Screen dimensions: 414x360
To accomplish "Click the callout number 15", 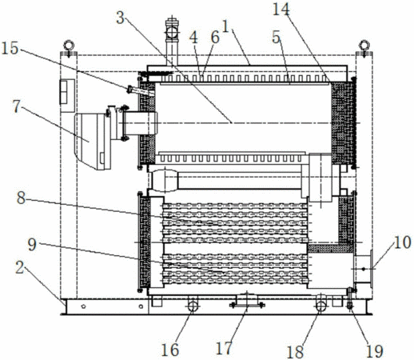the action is [10, 49].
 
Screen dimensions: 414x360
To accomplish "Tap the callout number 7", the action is [16, 106].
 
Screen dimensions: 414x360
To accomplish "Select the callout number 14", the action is [281, 9].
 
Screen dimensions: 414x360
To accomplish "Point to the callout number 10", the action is [403, 242].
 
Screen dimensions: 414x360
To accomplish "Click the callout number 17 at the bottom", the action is [224, 348].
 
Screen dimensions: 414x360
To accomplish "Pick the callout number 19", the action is [374, 351].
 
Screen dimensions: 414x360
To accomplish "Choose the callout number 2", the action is [19, 267].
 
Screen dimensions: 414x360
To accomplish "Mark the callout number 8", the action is [21, 198].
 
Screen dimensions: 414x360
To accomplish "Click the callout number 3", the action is [121, 18].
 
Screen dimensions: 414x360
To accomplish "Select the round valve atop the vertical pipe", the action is [172, 32].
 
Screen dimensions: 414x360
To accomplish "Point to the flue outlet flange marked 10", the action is [363, 269].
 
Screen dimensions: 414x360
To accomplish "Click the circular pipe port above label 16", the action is [193, 306].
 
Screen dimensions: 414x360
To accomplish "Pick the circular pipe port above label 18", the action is [321, 306].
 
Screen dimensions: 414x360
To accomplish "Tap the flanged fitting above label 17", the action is [247, 301].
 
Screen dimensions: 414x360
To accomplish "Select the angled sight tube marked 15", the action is [141, 91].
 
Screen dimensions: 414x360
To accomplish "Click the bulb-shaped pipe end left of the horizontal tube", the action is [165, 181].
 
